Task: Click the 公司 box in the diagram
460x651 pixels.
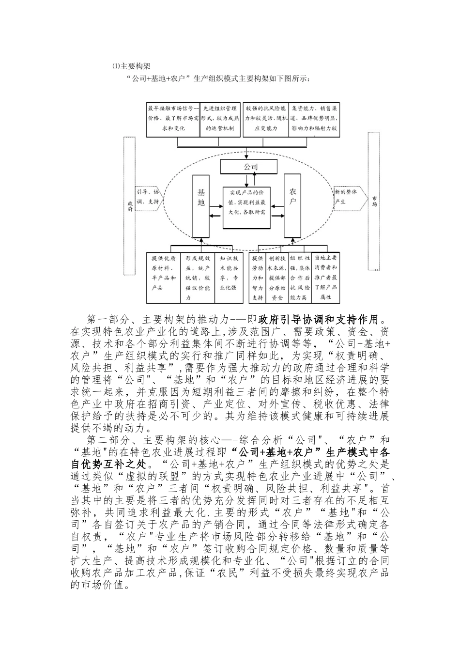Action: click(249, 167)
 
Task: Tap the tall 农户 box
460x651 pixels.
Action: click(292, 205)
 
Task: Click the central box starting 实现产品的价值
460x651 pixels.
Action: click(247, 208)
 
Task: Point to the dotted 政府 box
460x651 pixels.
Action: click(129, 203)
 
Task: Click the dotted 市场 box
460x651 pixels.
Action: click(374, 201)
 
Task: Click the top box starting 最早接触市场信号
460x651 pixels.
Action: click(173, 119)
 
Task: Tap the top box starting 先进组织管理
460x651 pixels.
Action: click(220, 119)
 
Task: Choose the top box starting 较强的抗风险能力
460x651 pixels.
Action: click(266, 119)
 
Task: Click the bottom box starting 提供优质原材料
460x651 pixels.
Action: click(164, 277)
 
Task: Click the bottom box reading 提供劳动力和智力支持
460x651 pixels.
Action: click(258, 277)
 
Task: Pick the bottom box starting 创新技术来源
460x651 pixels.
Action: click(277, 277)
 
